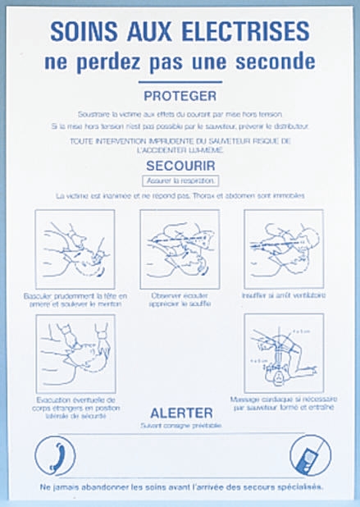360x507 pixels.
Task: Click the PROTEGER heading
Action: tap(179, 95)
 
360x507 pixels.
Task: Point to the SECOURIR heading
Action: tap(179, 165)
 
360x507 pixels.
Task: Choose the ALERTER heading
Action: tap(181, 412)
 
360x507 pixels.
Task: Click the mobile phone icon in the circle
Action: tap(310, 455)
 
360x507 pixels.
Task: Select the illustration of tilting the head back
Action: tap(75, 249)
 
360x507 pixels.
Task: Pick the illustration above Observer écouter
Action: tap(180, 249)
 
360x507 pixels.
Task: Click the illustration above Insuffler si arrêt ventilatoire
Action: tap(284, 249)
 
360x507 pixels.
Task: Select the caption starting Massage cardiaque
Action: tap(284, 402)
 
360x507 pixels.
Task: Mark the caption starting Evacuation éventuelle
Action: tap(75, 408)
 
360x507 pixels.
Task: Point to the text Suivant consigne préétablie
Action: tap(180, 425)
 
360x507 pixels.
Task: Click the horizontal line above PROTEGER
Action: tap(179, 82)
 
